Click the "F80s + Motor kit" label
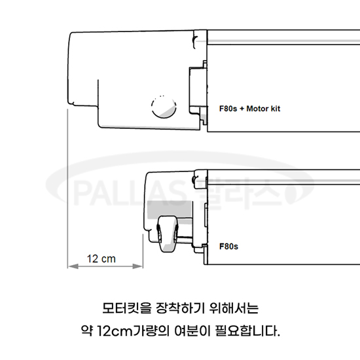pyautogui.click(x=249, y=109)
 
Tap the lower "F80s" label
pyautogui.click(x=228, y=246)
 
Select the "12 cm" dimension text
pyautogui.click(x=101, y=259)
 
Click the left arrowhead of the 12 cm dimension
pyautogui.click(x=73, y=266)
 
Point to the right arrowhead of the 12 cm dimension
pyautogui.click(x=137, y=266)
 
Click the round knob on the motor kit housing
pyautogui.click(x=164, y=107)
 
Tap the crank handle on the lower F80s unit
pyautogui.click(x=168, y=234)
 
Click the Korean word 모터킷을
pyautogui.click(x=127, y=308)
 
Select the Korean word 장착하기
pyautogui.click(x=180, y=308)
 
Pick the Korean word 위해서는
pyautogui.click(x=234, y=308)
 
